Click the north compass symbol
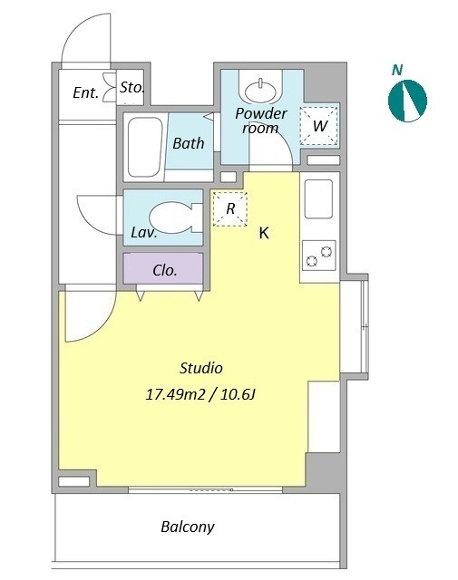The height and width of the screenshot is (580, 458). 407,101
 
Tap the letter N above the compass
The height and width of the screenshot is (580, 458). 397,70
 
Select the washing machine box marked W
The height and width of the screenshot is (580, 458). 319,126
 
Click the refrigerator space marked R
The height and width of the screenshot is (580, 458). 230,209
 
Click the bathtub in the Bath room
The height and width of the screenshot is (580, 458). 145,147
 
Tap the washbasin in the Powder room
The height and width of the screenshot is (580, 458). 260,90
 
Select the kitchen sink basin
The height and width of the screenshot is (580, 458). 318,199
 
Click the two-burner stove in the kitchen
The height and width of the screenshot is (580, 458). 318,256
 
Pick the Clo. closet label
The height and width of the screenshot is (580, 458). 165,270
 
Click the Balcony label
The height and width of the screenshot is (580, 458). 188,527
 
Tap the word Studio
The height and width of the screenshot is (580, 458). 201,368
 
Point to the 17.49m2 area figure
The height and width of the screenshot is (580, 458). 175,395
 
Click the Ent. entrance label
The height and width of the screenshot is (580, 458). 86,92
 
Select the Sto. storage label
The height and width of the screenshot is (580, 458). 132,88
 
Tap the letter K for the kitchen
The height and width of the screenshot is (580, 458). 264,233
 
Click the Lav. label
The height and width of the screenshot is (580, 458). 144,232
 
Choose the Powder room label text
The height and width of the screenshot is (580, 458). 261,121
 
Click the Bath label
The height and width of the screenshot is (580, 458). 189,143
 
